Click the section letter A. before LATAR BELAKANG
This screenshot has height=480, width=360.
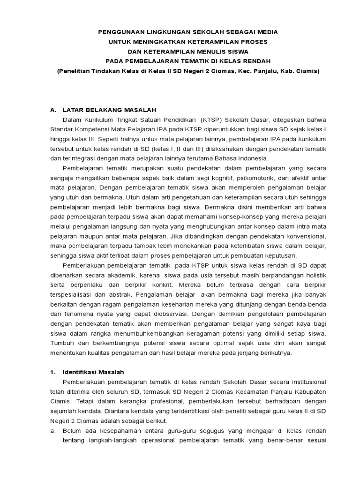pos(53,110)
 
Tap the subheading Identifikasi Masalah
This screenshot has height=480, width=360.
pos(93,372)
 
